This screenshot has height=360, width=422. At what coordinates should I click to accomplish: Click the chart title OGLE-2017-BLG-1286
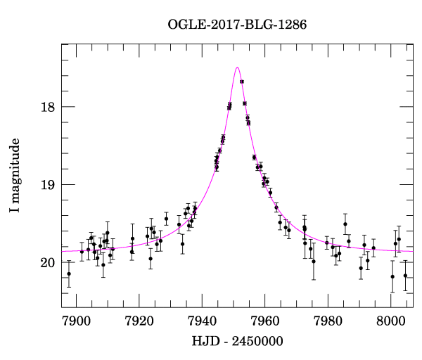pos(237,25)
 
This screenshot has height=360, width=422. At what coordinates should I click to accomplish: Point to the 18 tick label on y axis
pos(47,107)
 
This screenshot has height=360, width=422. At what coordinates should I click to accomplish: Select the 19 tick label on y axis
pos(47,185)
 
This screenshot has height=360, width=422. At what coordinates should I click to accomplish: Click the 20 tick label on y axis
pos(47,263)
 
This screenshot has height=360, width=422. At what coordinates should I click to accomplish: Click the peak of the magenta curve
pos(238,67)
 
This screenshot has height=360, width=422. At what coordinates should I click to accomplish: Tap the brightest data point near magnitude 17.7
pos(242,82)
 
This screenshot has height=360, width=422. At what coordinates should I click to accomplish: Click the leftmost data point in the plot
pos(69,274)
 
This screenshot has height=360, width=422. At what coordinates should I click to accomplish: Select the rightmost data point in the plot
pos(405,276)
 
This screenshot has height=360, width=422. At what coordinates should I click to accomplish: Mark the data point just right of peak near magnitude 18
pos(245,103)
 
